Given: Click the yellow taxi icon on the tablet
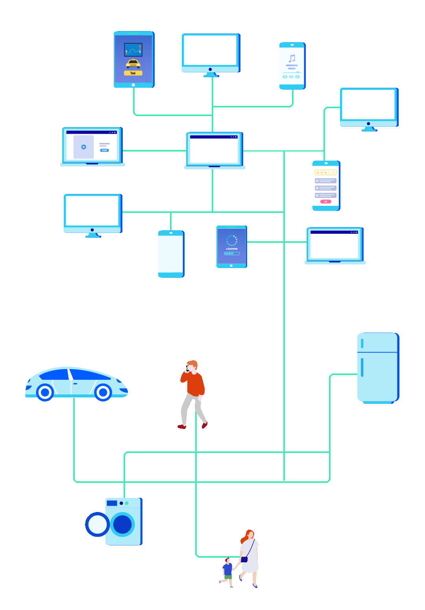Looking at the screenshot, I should pyautogui.click(x=133, y=63).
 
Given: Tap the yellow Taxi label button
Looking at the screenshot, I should pyautogui.click(x=133, y=73).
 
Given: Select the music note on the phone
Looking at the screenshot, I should pyautogui.click(x=292, y=58).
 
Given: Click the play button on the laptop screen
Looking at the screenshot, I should pyautogui.click(x=83, y=147).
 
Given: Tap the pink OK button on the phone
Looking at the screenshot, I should pyautogui.click(x=325, y=201).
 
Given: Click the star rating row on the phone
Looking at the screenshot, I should pyautogui.click(x=325, y=172).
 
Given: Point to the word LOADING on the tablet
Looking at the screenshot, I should pyautogui.click(x=232, y=249).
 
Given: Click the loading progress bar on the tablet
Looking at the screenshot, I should pyautogui.click(x=232, y=253).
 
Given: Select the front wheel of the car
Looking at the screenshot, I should pyautogui.click(x=103, y=392).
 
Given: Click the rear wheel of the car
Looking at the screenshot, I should pyautogui.click(x=45, y=392).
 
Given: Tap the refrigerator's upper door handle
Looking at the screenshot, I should pyautogui.click(x=362, y=344).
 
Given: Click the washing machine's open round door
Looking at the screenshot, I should pyautogui.click(x=97, y=524).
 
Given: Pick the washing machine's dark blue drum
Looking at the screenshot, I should pyautogui.click(x=122, y=524).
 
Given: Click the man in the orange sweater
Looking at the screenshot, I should pyautogui.click(x=193, y=390).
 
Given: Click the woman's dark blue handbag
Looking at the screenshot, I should pyautogui.click(x=244, y=559).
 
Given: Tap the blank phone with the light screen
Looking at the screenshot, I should pyautogui.click(x=171, y=254).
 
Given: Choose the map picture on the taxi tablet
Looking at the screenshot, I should pyautogui.click(x=133, y=50).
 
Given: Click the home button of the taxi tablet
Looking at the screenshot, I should pyautogui.click(x=133, y=85).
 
